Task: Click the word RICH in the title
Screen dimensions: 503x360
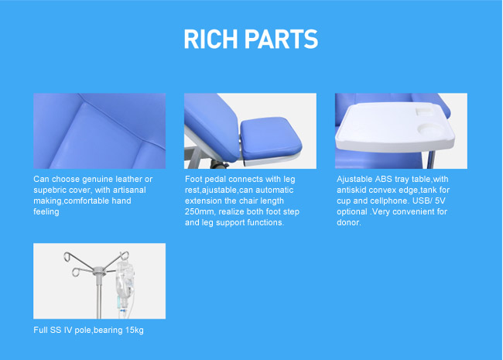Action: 210,39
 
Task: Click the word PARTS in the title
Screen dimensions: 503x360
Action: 282,39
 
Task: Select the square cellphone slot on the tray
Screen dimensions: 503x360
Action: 423,111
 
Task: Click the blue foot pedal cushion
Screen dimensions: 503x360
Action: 270,139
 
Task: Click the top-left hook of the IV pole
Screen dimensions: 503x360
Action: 68,257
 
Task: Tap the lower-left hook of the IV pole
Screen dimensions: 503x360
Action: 77,272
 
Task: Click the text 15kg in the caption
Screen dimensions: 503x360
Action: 135,330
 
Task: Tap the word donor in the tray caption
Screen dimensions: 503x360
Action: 347,223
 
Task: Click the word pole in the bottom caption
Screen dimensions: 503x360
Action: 83,330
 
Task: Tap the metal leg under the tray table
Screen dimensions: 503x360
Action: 431,159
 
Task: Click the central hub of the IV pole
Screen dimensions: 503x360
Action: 100,272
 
